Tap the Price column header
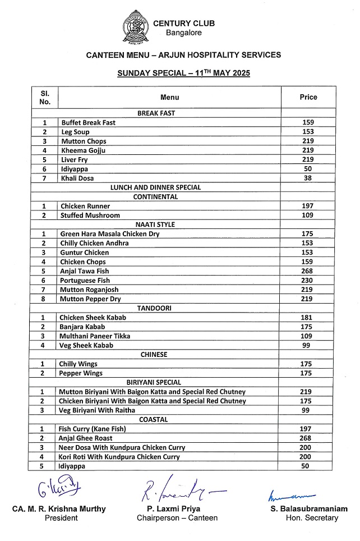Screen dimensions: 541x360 [308, 97]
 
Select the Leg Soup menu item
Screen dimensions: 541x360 [75, 132]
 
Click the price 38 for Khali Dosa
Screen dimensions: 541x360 [308, 178]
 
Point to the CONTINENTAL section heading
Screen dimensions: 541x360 [156, 197]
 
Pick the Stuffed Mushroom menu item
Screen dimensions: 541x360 [90, 216]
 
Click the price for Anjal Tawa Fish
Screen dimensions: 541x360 [308, 271]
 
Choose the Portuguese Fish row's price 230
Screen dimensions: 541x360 [308, 281]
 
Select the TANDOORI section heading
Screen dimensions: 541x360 [155, 309]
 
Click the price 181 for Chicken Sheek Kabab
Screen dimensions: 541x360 [308, 318]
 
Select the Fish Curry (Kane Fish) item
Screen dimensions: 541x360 [92, 429]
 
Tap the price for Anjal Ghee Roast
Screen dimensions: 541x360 [308, 438]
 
